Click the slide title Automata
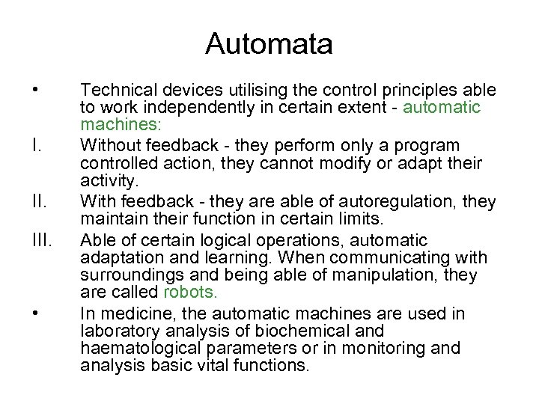click(269, 44)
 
